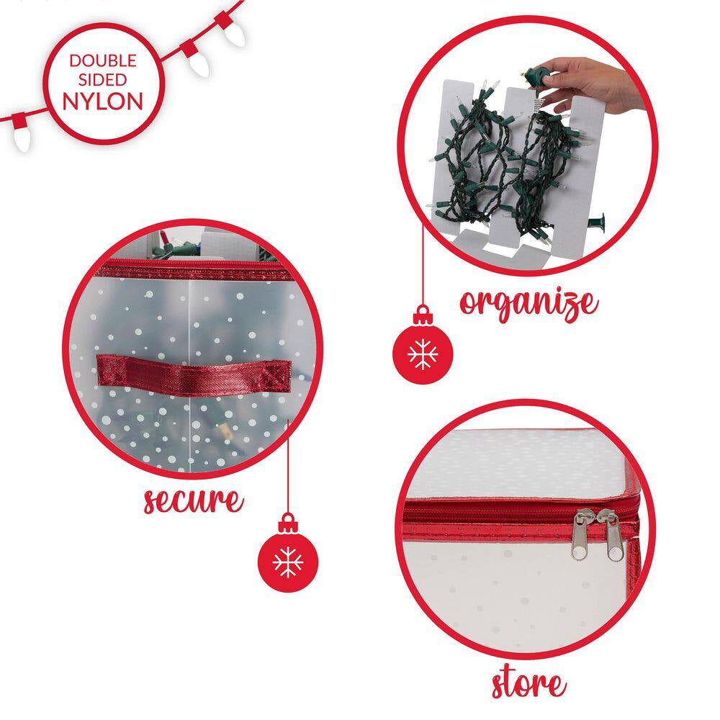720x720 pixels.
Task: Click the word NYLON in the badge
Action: pyautogui.click(x=103, y=99)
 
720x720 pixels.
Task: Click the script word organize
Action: pyautogui.click(x=529, y=303)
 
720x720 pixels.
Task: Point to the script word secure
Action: pyautogui.click(x=193, y=500)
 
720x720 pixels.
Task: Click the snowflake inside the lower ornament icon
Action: pyautogui.click(x=288, y=561)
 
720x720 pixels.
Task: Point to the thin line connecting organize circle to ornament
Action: pyautogui.click(x=423, y=274)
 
